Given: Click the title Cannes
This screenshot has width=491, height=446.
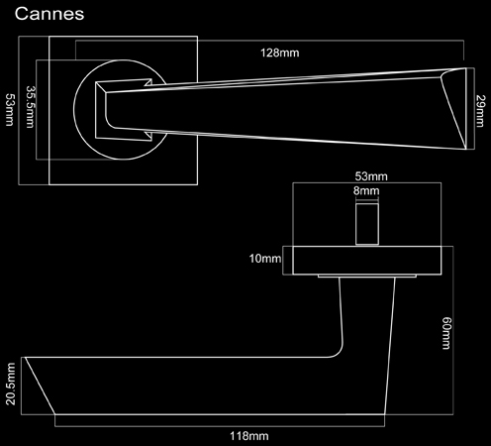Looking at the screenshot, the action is click(49, 14).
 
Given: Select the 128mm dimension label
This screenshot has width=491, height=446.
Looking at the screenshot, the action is click(280, 53).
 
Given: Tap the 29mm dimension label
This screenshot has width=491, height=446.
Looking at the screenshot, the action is click(480, 111).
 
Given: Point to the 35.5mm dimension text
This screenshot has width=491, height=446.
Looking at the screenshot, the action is click(31, 107).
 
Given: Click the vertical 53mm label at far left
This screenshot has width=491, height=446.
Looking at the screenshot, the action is click(10, 110).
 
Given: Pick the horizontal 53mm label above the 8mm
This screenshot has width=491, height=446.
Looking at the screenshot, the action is click(371, 176).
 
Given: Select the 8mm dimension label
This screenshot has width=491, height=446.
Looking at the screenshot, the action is click(366, 190).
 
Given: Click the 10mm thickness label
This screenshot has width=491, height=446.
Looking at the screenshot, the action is click(265, 259).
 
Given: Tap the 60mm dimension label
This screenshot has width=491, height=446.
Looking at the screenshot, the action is click(446, 333).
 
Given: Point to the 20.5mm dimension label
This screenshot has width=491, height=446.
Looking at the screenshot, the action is click(11, 384).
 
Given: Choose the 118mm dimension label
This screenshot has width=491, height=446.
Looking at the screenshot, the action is click(249, 436).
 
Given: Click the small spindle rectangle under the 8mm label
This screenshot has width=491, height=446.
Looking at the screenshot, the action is click(367, 224).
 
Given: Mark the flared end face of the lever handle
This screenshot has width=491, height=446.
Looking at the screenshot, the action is click(454, 108).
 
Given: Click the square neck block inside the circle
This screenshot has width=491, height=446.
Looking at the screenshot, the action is click(124, 110).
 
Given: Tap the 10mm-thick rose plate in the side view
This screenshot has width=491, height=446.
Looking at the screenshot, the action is click(367, 261).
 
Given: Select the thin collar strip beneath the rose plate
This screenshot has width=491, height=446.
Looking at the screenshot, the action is click(367, 276).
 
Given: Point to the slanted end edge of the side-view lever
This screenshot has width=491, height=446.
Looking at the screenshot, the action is click(40, 386).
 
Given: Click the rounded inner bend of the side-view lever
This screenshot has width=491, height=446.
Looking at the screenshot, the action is click(339, 352).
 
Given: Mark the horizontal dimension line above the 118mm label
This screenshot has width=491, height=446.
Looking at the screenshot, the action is click(220, 426).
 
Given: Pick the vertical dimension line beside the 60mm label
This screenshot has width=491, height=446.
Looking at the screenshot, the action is click(453, 330).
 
